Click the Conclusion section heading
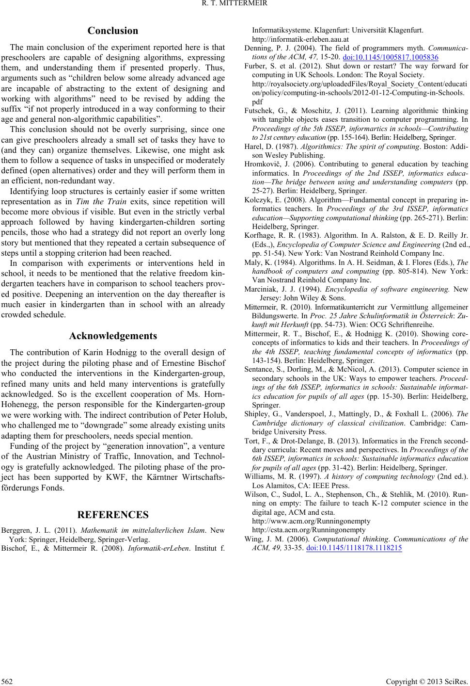pyautogui.click(x=113, y=31)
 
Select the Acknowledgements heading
pyautogui.click(x=113, y=336)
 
